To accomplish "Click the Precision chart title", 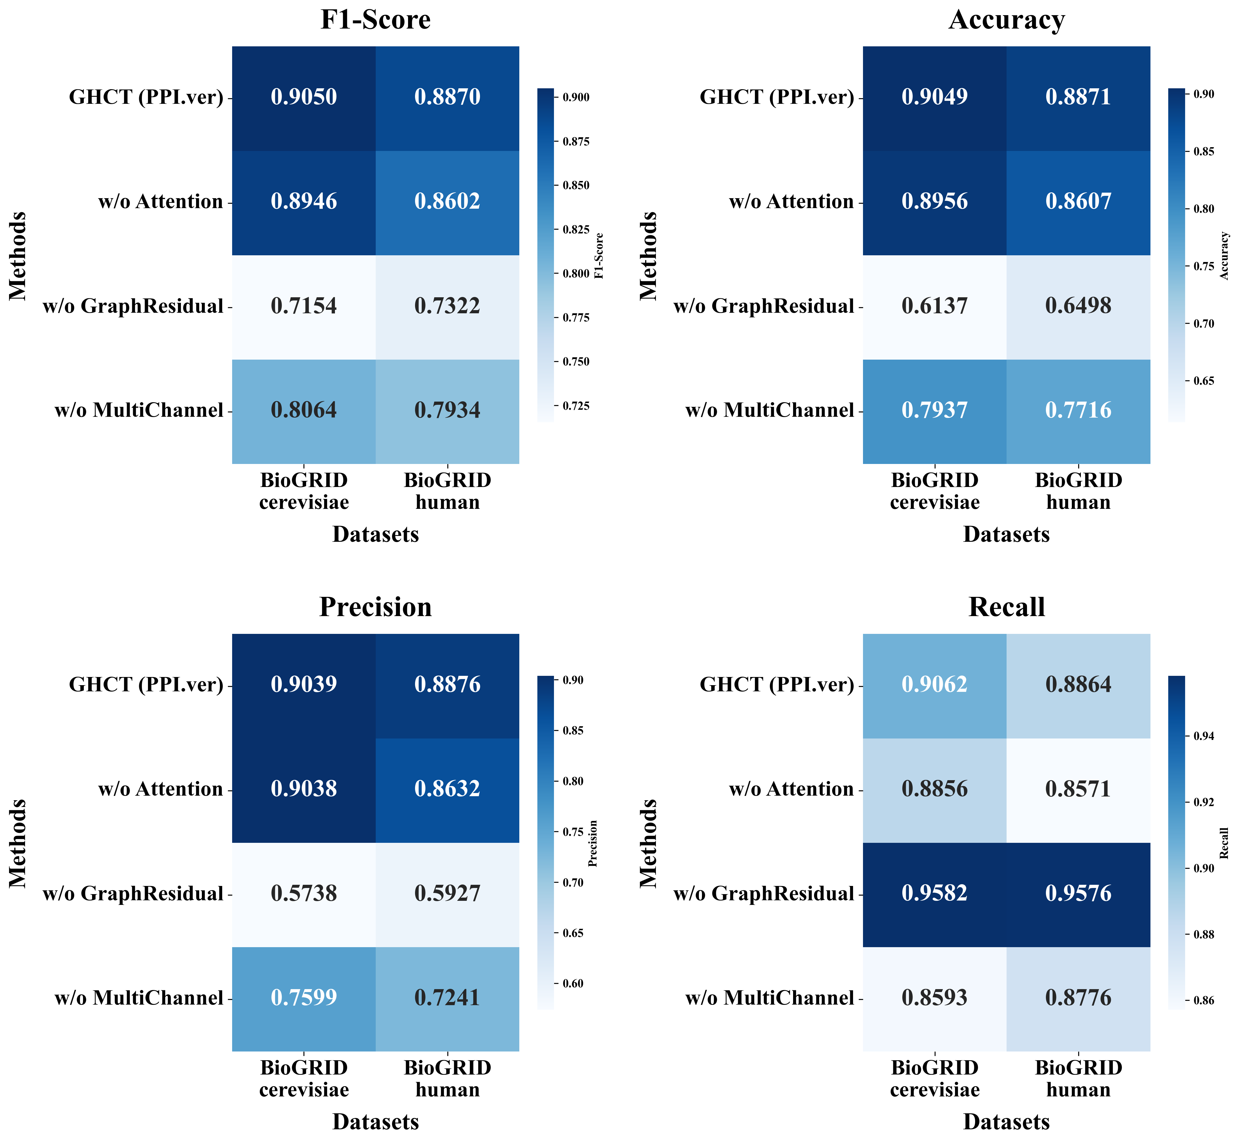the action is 375,607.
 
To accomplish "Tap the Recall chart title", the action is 1007,607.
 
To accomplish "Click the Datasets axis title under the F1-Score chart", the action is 375,534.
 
